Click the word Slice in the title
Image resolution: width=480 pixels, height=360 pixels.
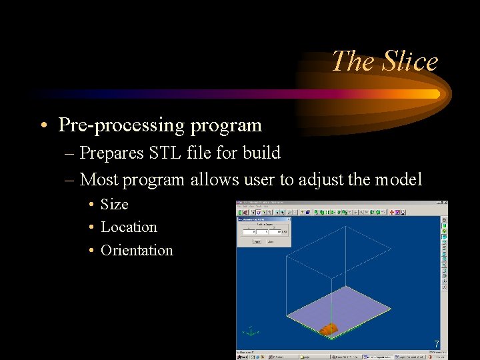point(411,61)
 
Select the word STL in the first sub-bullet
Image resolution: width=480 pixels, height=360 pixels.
point(164,153)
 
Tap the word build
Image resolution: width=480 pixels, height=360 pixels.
point(261,153)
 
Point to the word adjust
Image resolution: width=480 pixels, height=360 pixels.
point(321,179)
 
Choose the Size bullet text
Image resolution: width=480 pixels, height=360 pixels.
point(114,204)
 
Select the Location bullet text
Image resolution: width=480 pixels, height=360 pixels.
point(129,227)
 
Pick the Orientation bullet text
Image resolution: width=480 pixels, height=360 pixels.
point(137,251)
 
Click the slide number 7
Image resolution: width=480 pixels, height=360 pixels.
point(436,344)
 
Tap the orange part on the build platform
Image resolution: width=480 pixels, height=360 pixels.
point(329,329)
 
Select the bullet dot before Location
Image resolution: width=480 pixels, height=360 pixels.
point(89,228)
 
